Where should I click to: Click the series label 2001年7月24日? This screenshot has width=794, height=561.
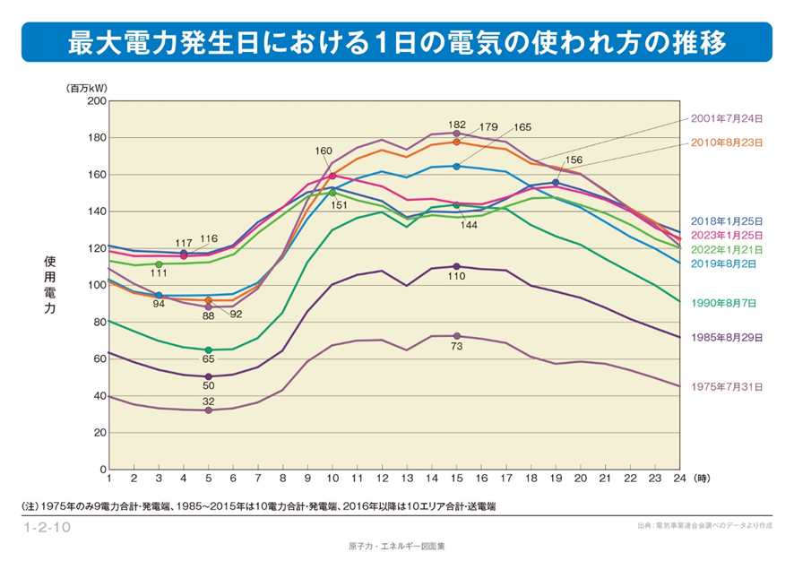(727, 118)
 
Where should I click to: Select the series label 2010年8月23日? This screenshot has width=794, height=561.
(727, 142)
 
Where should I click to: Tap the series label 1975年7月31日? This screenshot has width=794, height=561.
(727, 387)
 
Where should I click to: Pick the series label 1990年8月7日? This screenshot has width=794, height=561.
(724, 303)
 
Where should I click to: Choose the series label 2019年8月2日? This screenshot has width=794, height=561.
(724, 264)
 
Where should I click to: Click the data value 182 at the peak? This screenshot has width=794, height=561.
(457, 124)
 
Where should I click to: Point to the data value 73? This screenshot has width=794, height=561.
(456, 346)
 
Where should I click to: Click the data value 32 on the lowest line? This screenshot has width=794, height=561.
(208, 401)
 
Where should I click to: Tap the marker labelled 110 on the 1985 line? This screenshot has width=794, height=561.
(456, 266)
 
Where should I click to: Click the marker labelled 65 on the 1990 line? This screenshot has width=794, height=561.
(209, 350)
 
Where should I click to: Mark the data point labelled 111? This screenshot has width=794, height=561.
(159, 264)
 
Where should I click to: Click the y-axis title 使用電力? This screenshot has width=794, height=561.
(50, 285)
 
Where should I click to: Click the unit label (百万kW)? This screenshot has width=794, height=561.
(84, 88)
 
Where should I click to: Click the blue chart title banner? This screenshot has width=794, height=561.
(396, 42)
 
